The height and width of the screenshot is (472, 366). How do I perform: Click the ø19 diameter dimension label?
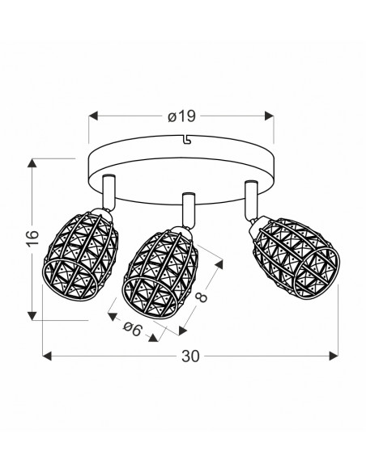click(x=181, y=116)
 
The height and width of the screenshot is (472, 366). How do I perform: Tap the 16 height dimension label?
click(x=32, y=238)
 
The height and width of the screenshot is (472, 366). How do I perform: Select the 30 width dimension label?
click(x=190, y=356)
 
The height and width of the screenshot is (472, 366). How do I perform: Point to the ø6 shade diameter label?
click(x=132, y=329)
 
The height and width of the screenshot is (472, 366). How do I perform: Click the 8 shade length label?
click(x=202, y=296)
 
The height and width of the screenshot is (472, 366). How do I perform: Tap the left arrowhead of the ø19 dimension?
click(x=93, y=116)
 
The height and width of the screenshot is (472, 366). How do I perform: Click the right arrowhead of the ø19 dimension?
click(x=269, y=116)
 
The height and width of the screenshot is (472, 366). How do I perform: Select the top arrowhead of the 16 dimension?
click(x=32, y=162)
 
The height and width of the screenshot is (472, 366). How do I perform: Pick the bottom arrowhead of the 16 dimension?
click(x=32, y=316)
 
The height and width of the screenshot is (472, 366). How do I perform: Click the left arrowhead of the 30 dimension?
click(x=47, y=356)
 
